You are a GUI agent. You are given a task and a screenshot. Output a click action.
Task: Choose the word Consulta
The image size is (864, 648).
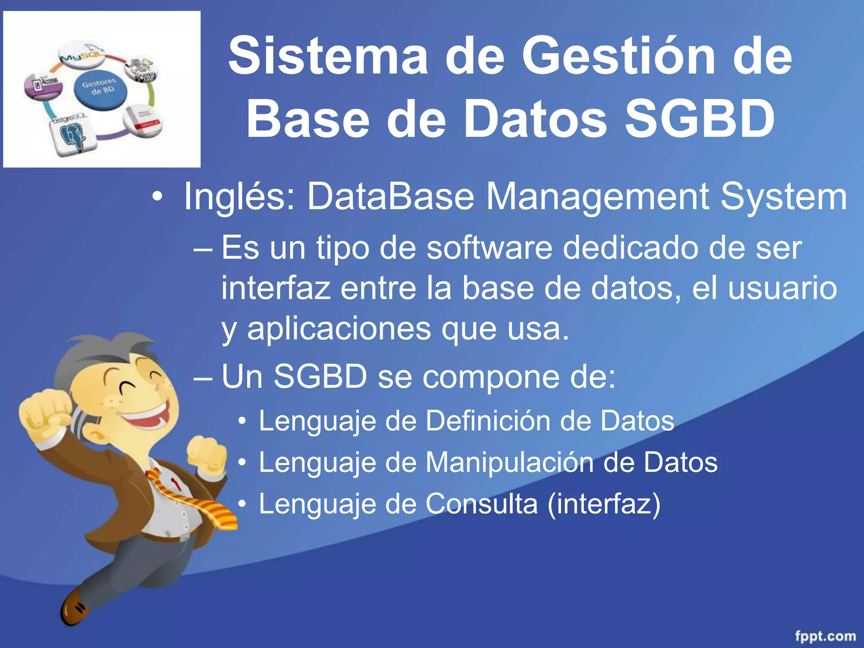pyautogui.click(x=481, y=504)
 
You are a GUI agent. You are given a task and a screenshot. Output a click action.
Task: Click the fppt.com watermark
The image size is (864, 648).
pyautogui.click(x=825, y=636)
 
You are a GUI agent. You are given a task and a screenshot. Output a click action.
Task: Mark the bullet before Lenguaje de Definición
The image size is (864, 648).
pyautogui.click(x=241, y=421)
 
